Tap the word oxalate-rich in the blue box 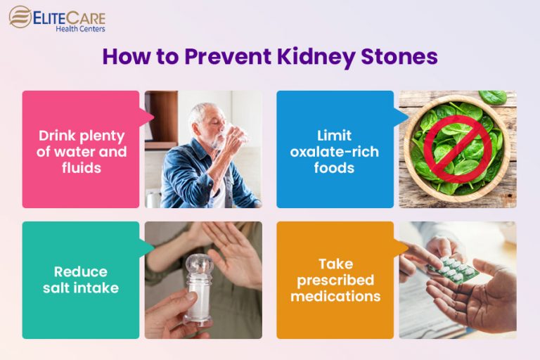tap(334, 152)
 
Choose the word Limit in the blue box tap(334, 135)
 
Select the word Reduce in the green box tap(81, 272)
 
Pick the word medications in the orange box tap(335, 297)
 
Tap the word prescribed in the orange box tap(335, 281)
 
